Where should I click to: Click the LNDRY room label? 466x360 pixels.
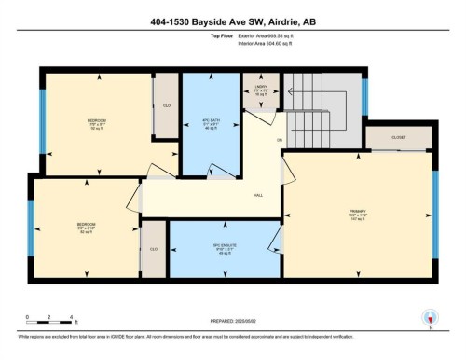261,90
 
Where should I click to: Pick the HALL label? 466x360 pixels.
258,194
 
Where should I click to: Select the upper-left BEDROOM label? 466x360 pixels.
97,121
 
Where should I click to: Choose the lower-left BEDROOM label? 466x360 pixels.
87,226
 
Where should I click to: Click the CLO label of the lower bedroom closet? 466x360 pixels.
153,248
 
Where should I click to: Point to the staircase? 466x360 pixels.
322,107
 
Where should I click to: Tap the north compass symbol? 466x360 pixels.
429,317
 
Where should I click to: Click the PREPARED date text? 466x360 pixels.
232,323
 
